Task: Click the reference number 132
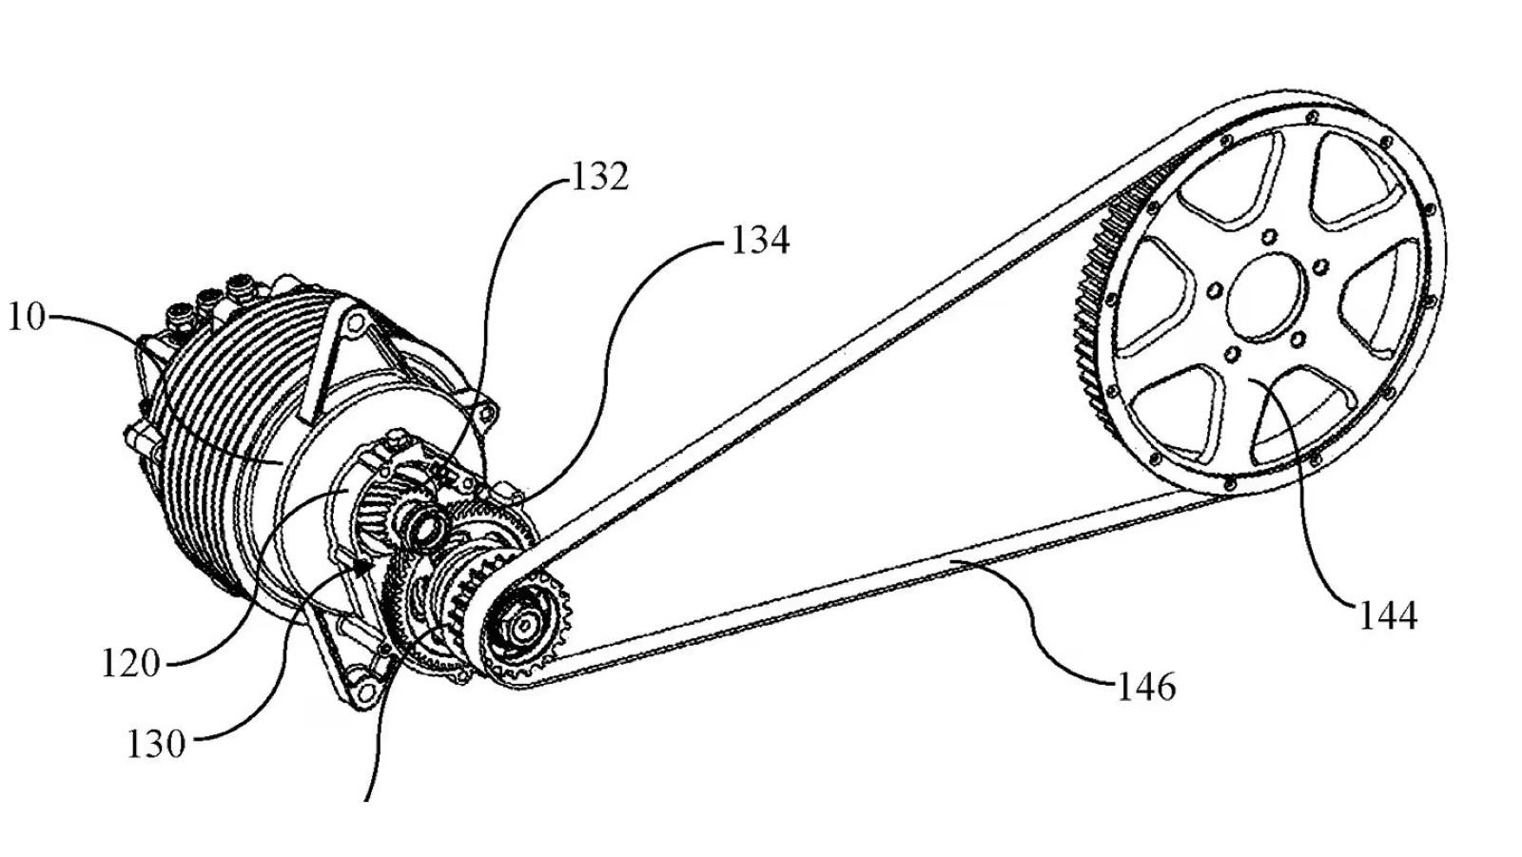600,177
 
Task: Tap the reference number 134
760,241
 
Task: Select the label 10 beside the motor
27,317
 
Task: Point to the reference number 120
131,663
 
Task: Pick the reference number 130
156,744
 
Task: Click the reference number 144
1388,615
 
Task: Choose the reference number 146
1146,687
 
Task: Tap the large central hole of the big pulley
1268,297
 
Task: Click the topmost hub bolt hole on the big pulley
1268,237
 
